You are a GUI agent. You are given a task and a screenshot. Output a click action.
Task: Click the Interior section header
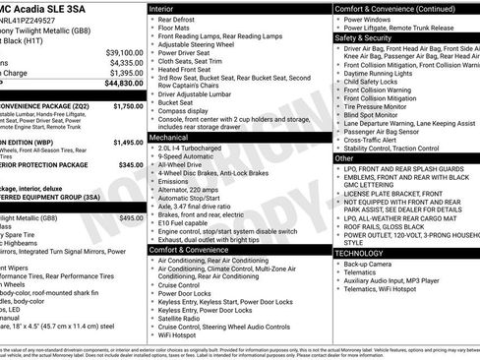pyautogui.click(x=168, y=8)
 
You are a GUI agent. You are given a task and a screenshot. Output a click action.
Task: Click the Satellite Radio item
pyautogui.click(x=184, y=319)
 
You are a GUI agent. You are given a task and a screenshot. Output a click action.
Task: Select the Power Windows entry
pyautogui.click(x=373, y=19)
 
